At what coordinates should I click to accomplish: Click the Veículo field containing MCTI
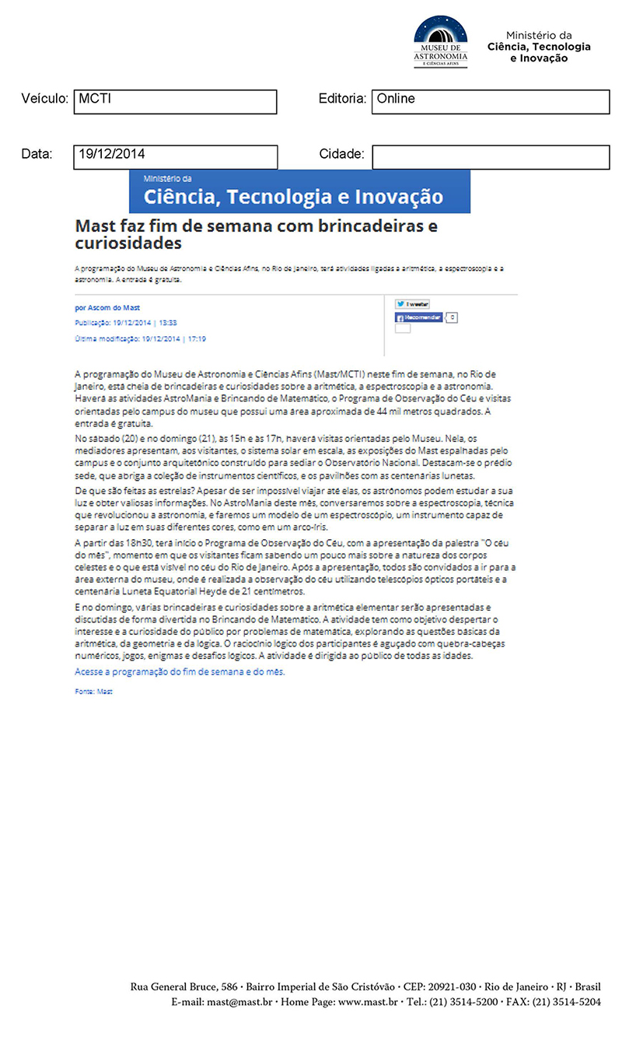[x=175, y=102]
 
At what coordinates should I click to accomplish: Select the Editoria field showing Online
[x=490, y=102]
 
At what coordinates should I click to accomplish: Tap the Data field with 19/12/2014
[x=175, y=156]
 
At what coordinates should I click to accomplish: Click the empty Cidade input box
[x=490, y=156]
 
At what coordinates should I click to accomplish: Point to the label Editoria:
[x=342, y=100]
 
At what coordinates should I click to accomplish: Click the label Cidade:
[x=341, y=154]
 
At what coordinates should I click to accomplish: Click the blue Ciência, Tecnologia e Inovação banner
[x=299, y=191]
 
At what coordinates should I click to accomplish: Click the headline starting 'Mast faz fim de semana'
[x=257, y=234]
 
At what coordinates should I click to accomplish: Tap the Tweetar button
[x=412, y=304]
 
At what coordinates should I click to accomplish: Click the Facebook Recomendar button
[x=420, y=317]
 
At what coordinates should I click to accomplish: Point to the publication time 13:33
[x=168, y=322]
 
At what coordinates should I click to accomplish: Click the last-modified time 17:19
[x=196, y=339]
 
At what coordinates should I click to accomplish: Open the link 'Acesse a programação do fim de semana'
[x=180, y=671]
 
